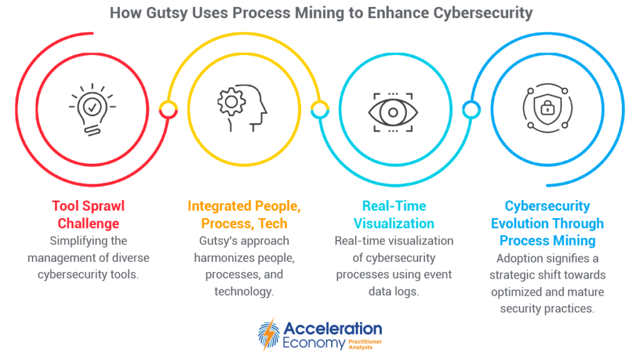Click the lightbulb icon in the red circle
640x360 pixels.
click(x=92, y=109)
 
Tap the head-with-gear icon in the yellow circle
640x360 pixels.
click(x=242, y=108)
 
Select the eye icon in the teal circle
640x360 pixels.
click(x=393, y=112)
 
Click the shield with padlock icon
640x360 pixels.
click(x=547, y=108)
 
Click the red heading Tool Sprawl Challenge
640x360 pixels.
click(x=88, y=215)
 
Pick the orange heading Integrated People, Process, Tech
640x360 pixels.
click(x=244, y=215)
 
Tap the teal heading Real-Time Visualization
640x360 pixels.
click(x=394, y=215)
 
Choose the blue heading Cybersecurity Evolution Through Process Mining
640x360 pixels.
click(x=547, y=223)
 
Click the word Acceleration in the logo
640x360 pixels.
click(x=332, y=329)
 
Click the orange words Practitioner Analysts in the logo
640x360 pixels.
click(x=365, y=344)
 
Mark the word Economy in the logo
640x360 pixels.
click(x=314, y=343)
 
